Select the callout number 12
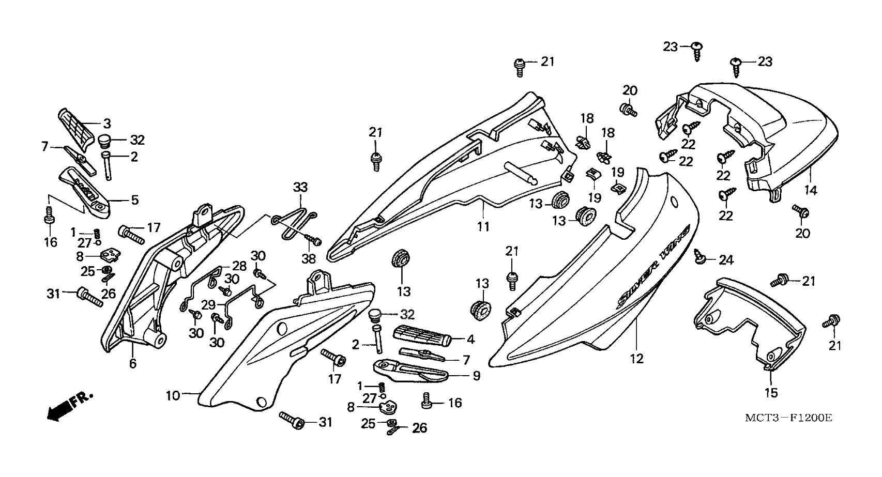pos(636,358)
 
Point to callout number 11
pos(483,226)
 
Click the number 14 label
pos(811,190)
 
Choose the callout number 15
pos(771,393)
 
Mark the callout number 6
pos(133,364)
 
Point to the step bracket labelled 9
pos(414,368)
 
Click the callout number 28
pos(239,266)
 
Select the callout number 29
pos(209,305)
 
